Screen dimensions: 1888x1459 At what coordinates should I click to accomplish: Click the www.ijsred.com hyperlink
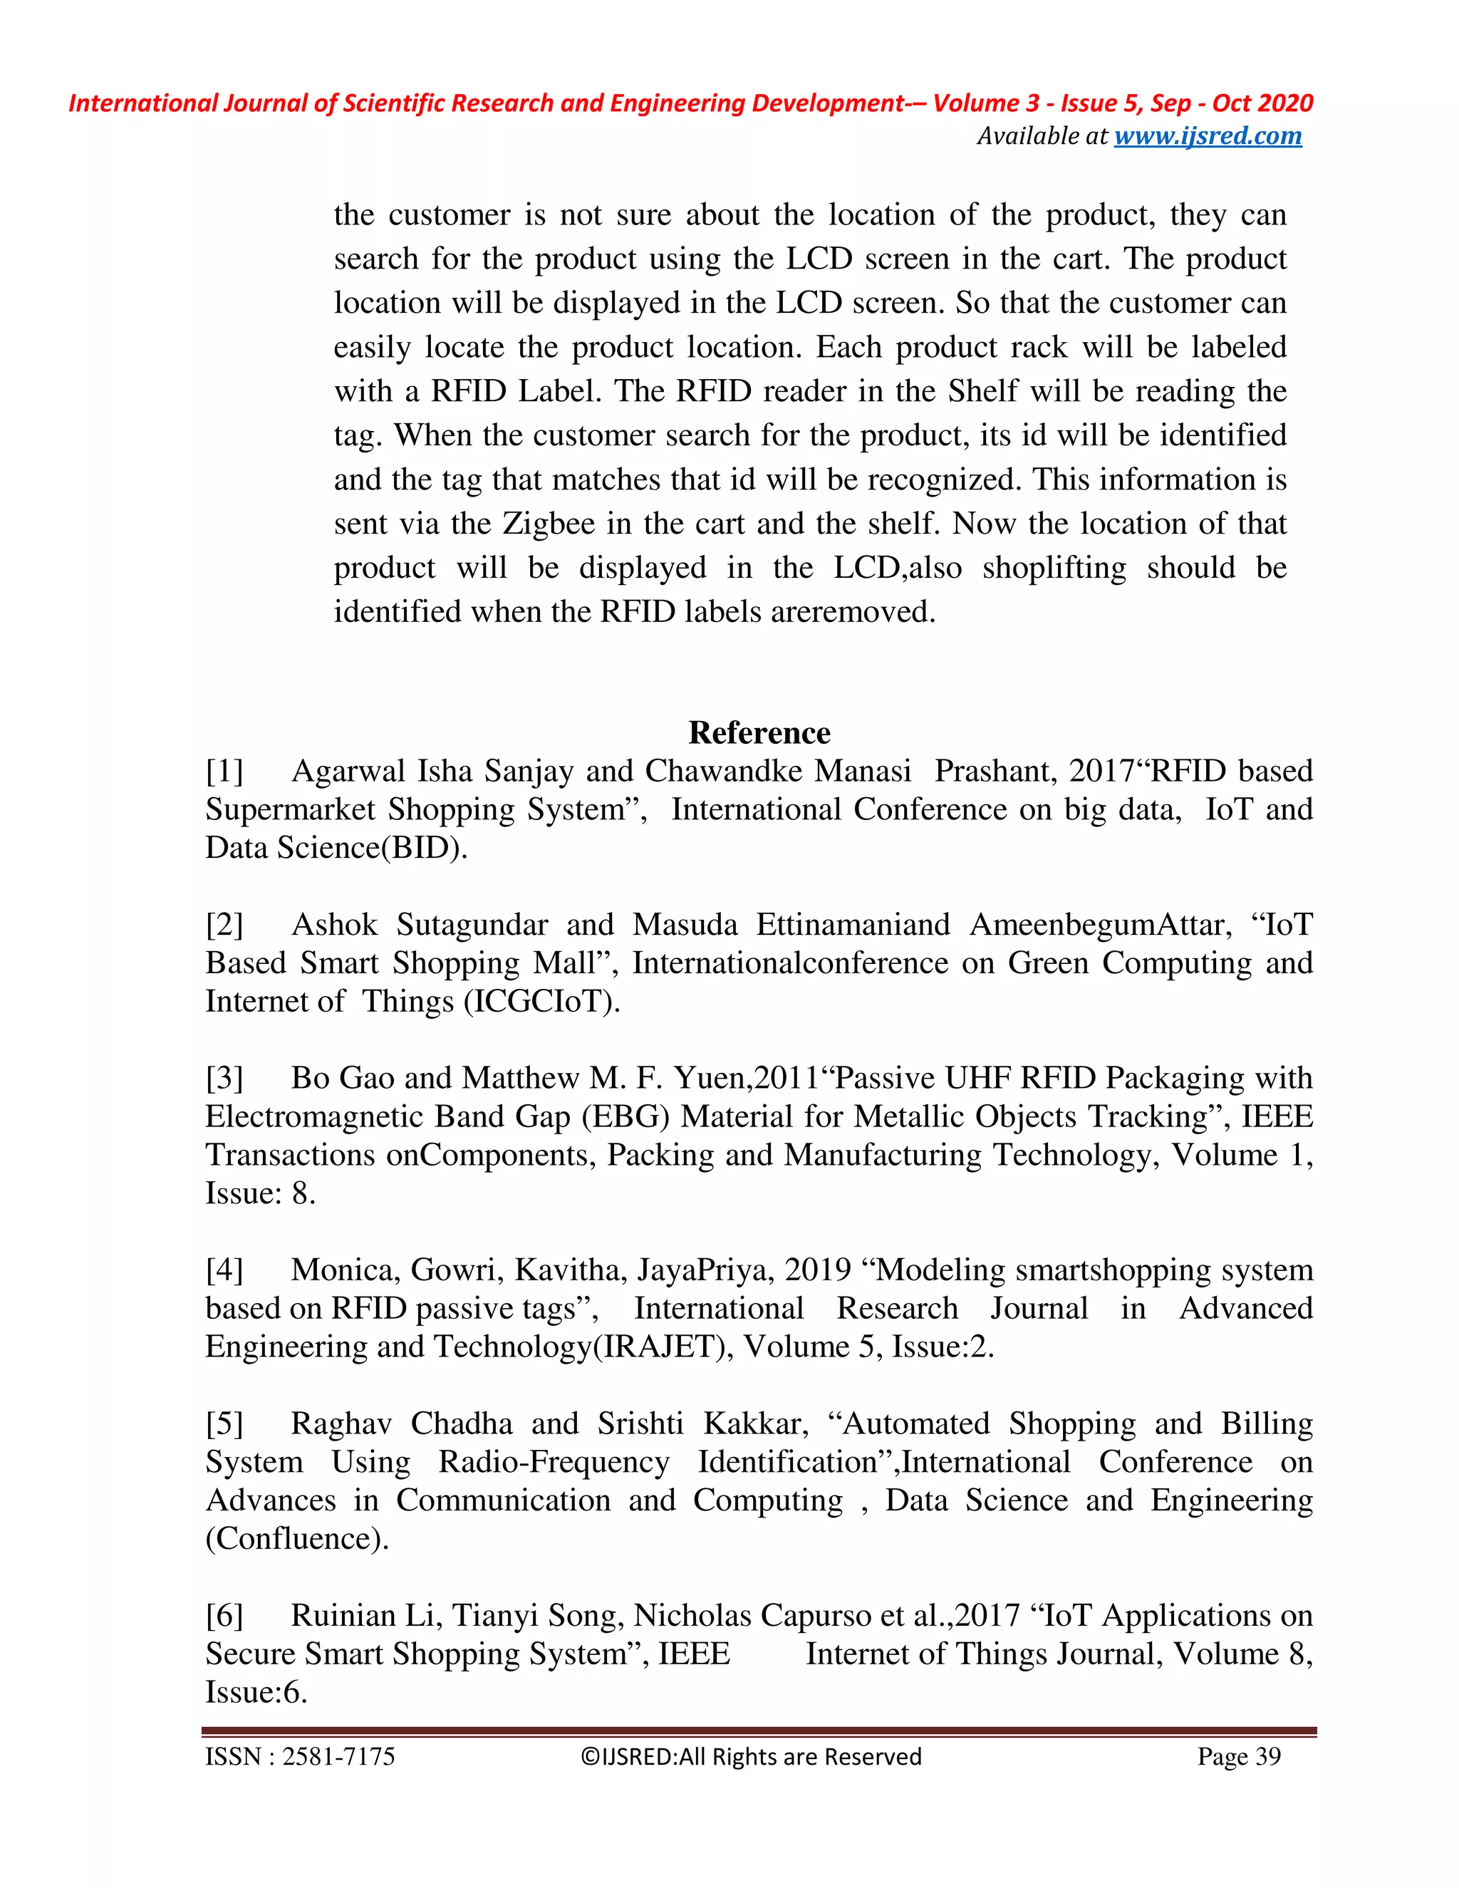pyautogui.click(x=1208, y=137)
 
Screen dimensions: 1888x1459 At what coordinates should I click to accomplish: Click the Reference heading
pyautogui.click(x=759, y=732)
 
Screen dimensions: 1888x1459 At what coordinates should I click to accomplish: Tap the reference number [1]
pyautogui.click(x=224, y=770)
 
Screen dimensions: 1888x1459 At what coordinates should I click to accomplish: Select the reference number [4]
pyautogui.click(x=224, y=1270)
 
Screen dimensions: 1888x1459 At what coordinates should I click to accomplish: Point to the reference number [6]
pyautogui.click(x=224, y=1615)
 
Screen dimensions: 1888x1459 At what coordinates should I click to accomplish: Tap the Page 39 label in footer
pyautogui.click(x=1239, y=1757)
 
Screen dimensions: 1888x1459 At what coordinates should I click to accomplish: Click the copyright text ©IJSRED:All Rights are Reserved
pyautogui.click(x=750, y=1757)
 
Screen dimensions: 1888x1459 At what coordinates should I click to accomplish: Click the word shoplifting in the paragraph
pyautogui.click(x=1054, y=568)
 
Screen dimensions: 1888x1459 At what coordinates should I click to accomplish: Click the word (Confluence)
pyautogui.click(x=297, y=1538)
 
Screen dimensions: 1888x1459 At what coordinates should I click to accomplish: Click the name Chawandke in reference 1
pyautogui.click(x=778, y=770)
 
